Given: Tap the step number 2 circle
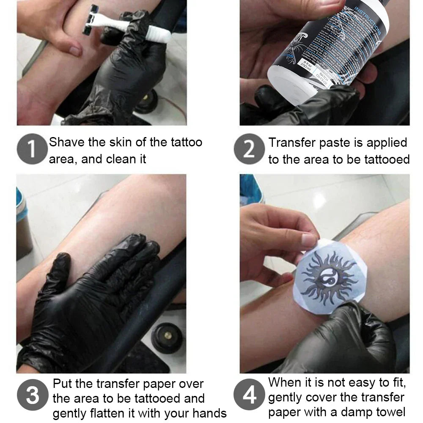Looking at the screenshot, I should tap(249, 149).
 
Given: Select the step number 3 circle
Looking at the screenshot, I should tap(32, 396).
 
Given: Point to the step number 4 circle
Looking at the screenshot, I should tap(249, 396).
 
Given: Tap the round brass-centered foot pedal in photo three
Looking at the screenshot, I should tap(167, 336).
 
